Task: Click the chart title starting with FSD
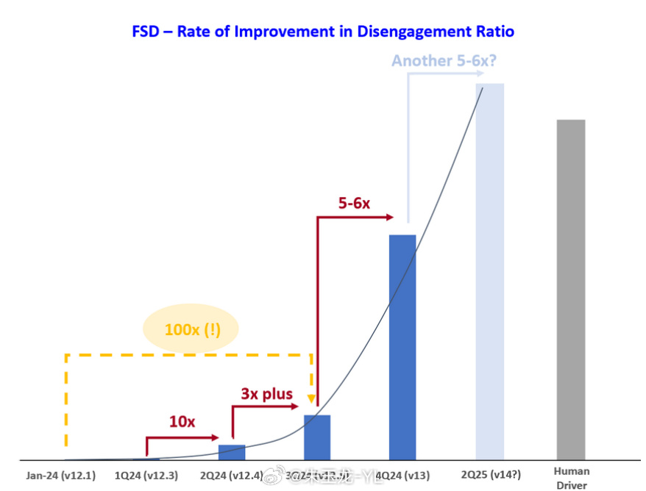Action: (322, 32)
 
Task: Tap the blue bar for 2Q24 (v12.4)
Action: (232, 452)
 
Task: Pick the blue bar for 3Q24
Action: (317, 437)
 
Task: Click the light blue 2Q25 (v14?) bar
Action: (489, 272)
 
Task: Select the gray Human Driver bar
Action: (571, 290)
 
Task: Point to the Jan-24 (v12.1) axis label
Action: (60, 476)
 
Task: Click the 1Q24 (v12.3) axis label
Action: (146, 476)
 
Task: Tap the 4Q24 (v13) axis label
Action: (402, 476)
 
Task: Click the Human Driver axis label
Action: (571, 477)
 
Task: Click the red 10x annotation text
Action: (182, 422)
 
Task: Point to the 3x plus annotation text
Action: (266, 395)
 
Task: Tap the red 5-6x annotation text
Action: (355, 203)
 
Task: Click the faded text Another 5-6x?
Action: (444, 61)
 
